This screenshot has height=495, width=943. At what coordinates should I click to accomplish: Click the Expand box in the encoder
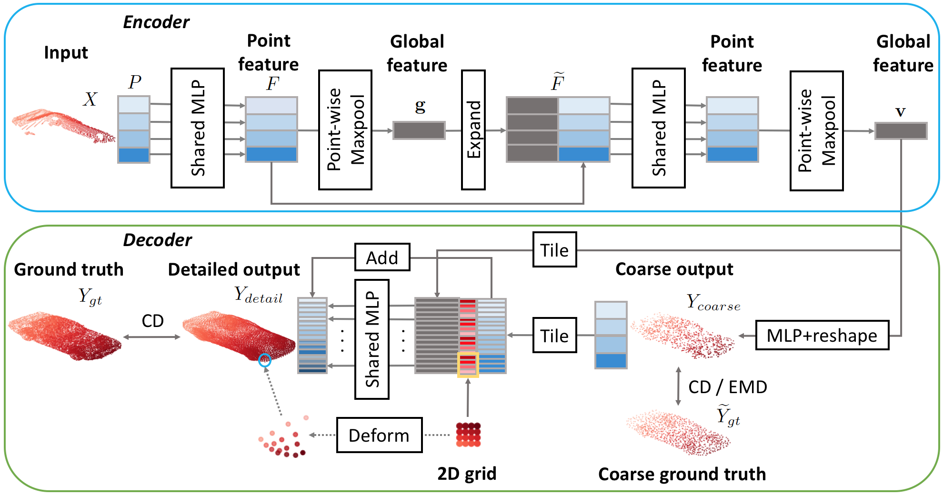[473, 129]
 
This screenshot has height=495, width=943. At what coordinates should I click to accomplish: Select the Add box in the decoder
[382, 257]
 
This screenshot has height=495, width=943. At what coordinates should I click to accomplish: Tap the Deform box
[379, 435]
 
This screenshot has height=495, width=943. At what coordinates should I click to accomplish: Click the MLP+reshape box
[822, 336]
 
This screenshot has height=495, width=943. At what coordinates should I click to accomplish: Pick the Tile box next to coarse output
[554, 336]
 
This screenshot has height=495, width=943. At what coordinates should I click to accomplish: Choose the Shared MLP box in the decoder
[372, 339]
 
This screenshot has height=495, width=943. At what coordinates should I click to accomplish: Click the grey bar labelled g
[419, 130]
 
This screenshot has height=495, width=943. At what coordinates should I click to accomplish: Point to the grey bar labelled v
[901, 131]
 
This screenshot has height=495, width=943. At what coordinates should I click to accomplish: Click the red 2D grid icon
[468, 435]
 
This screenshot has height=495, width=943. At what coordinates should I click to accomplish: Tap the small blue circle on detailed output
[265, 360]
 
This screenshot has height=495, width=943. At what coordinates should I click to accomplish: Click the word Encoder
[156, 22]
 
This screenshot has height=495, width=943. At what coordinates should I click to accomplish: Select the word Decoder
[157, 240]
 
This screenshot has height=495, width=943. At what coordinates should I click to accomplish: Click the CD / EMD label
[727, 387]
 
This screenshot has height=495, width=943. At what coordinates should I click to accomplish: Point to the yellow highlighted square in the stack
[468, 365]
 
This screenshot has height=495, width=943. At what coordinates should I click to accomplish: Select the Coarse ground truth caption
[682, 474]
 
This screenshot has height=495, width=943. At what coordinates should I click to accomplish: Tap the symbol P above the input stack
[135, 82]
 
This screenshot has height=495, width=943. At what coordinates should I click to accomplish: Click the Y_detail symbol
[258, 295]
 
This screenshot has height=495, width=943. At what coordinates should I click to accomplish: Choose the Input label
[66, 52]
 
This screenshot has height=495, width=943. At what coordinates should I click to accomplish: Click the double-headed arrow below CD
[152, 337]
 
